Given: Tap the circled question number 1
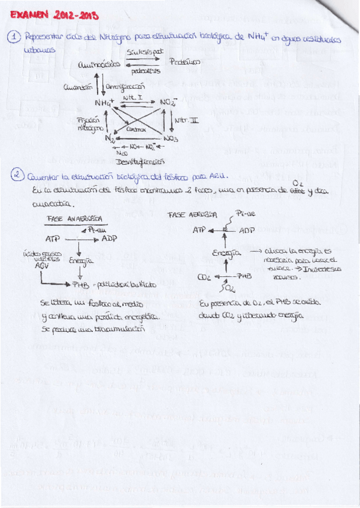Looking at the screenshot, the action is coord(14,38).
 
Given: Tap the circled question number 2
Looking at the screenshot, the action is coord(18,176).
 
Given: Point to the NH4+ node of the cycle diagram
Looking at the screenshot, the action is coord(104,104).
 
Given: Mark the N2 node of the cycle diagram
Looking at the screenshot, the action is coord(110,138).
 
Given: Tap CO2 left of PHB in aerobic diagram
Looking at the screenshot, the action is coord(204,277).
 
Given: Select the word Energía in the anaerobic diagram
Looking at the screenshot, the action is coord(79,261).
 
